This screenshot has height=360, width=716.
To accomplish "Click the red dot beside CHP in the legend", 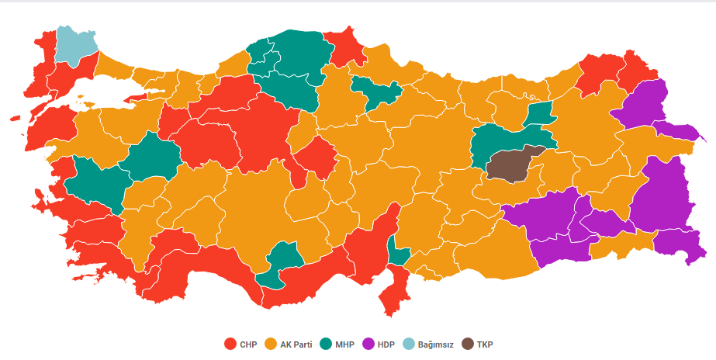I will (x=230, y=344).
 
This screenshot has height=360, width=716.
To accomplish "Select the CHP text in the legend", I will (x=248, y=344).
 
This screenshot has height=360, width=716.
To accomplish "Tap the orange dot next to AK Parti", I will (x=271, y=344).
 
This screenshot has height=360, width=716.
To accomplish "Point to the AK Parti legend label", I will (x=296, y=344).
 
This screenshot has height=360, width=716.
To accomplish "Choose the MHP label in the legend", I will (x=346, y=344).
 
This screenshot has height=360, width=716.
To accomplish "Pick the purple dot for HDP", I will (x=371, y=344).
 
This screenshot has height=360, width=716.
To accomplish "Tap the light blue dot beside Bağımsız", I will (x=413, y=344).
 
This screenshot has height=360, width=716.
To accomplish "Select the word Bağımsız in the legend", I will (x=436, y=344).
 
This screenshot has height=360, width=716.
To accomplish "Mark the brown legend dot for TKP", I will (x=467, y=344).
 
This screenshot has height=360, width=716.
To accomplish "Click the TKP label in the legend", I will (x=484, y=344).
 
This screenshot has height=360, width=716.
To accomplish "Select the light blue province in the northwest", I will (x=75, y=45).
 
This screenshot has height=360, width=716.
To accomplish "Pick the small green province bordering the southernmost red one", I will (x=398, y=254).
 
